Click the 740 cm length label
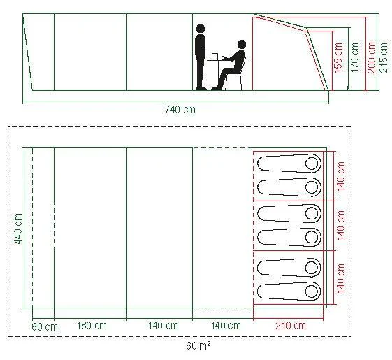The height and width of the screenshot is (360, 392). click(x=180, y=110)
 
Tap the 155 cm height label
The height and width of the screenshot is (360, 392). click(x=338, y=58)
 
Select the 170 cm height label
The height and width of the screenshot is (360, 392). click(x=355, y=58)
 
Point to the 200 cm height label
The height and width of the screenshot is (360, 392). click(x=372, y=58)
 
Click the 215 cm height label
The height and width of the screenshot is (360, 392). click(x=384, y=58)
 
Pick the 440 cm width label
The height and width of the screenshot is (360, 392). click(x=18, y=229)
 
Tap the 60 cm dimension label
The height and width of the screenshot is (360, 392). click(x=45, y=327)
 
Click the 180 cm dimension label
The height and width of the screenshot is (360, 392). click(x=92, y=326)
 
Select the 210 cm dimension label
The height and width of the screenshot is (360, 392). click(x=291, y=326)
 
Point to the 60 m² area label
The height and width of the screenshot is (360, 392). click(x=198, y=346)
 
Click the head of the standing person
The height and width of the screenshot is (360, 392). click(x=201, y=28)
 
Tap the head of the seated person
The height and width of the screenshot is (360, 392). click(x=242, y=44)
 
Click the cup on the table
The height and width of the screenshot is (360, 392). click(x=215, y=57)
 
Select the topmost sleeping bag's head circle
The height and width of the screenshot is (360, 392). click(x=312, y=164)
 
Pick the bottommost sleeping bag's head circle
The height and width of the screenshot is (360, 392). click(x=312, y=291)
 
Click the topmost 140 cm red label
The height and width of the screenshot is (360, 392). click(x=341, y=176)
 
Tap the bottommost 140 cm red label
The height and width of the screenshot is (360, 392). click(x=341, y=278)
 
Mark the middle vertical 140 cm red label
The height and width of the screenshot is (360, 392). click(x=341, y=225)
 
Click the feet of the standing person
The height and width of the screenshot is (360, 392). click(x=201, y=89)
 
